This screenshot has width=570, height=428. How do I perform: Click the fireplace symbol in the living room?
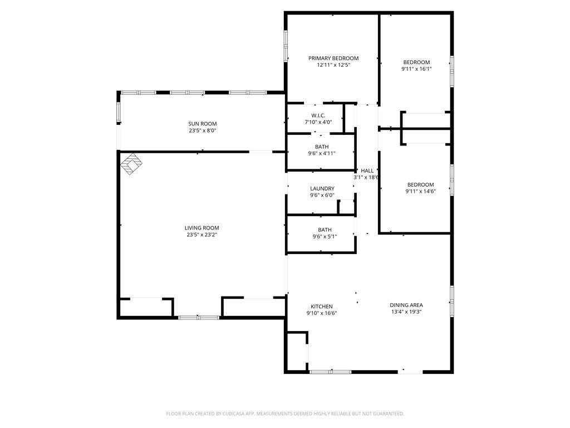131,164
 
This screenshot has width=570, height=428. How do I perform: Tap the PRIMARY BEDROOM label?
333,58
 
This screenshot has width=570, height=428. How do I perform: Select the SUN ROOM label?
203,124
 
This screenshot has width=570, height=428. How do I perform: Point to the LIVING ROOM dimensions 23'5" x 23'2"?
202,235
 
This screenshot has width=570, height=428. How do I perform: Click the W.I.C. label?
318,115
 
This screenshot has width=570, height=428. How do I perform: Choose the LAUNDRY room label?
322,188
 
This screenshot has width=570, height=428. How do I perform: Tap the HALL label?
367,171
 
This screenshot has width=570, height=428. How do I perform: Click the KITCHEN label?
322,307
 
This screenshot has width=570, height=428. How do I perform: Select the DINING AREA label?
406,305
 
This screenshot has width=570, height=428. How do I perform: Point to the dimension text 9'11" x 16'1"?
416,69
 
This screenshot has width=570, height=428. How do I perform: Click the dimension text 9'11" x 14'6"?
421,191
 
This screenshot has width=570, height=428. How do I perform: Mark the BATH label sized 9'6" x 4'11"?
322,147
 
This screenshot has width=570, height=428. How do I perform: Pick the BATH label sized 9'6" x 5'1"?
325,230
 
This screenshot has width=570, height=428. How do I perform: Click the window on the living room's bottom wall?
199,318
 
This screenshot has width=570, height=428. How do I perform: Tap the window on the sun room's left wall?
118,112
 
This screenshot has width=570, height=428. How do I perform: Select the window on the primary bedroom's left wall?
286,46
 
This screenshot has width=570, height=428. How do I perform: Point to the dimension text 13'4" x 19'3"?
406,312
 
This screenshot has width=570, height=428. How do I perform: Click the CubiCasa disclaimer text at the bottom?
285,414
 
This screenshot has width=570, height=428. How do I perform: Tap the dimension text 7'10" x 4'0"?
318,122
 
